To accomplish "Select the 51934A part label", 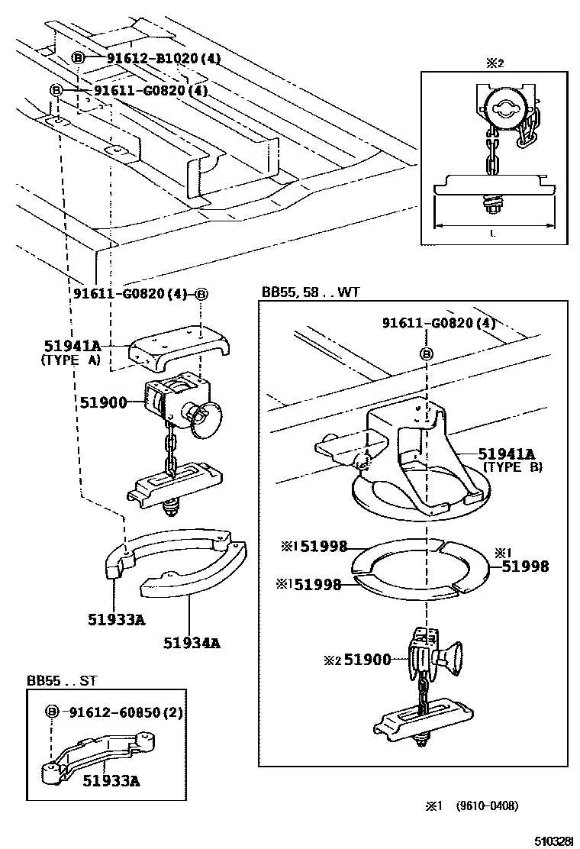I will click(x=191, y=642).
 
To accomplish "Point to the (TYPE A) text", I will click(x=70, y=361).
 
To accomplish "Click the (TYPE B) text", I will click(x=512, y=466).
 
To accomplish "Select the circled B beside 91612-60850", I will click(x=53, y=712).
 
